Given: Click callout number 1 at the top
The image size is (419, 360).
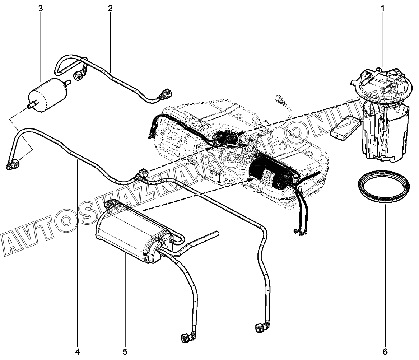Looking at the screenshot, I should [x=383, y=8].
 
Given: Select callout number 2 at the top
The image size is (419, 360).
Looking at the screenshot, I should [x=110, y=8].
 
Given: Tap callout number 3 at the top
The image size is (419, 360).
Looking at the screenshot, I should [x=41, y=8].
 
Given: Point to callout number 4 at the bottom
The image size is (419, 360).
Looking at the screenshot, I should [x=78, y=352].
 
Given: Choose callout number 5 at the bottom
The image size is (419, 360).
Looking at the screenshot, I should [x=125, y=352].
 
